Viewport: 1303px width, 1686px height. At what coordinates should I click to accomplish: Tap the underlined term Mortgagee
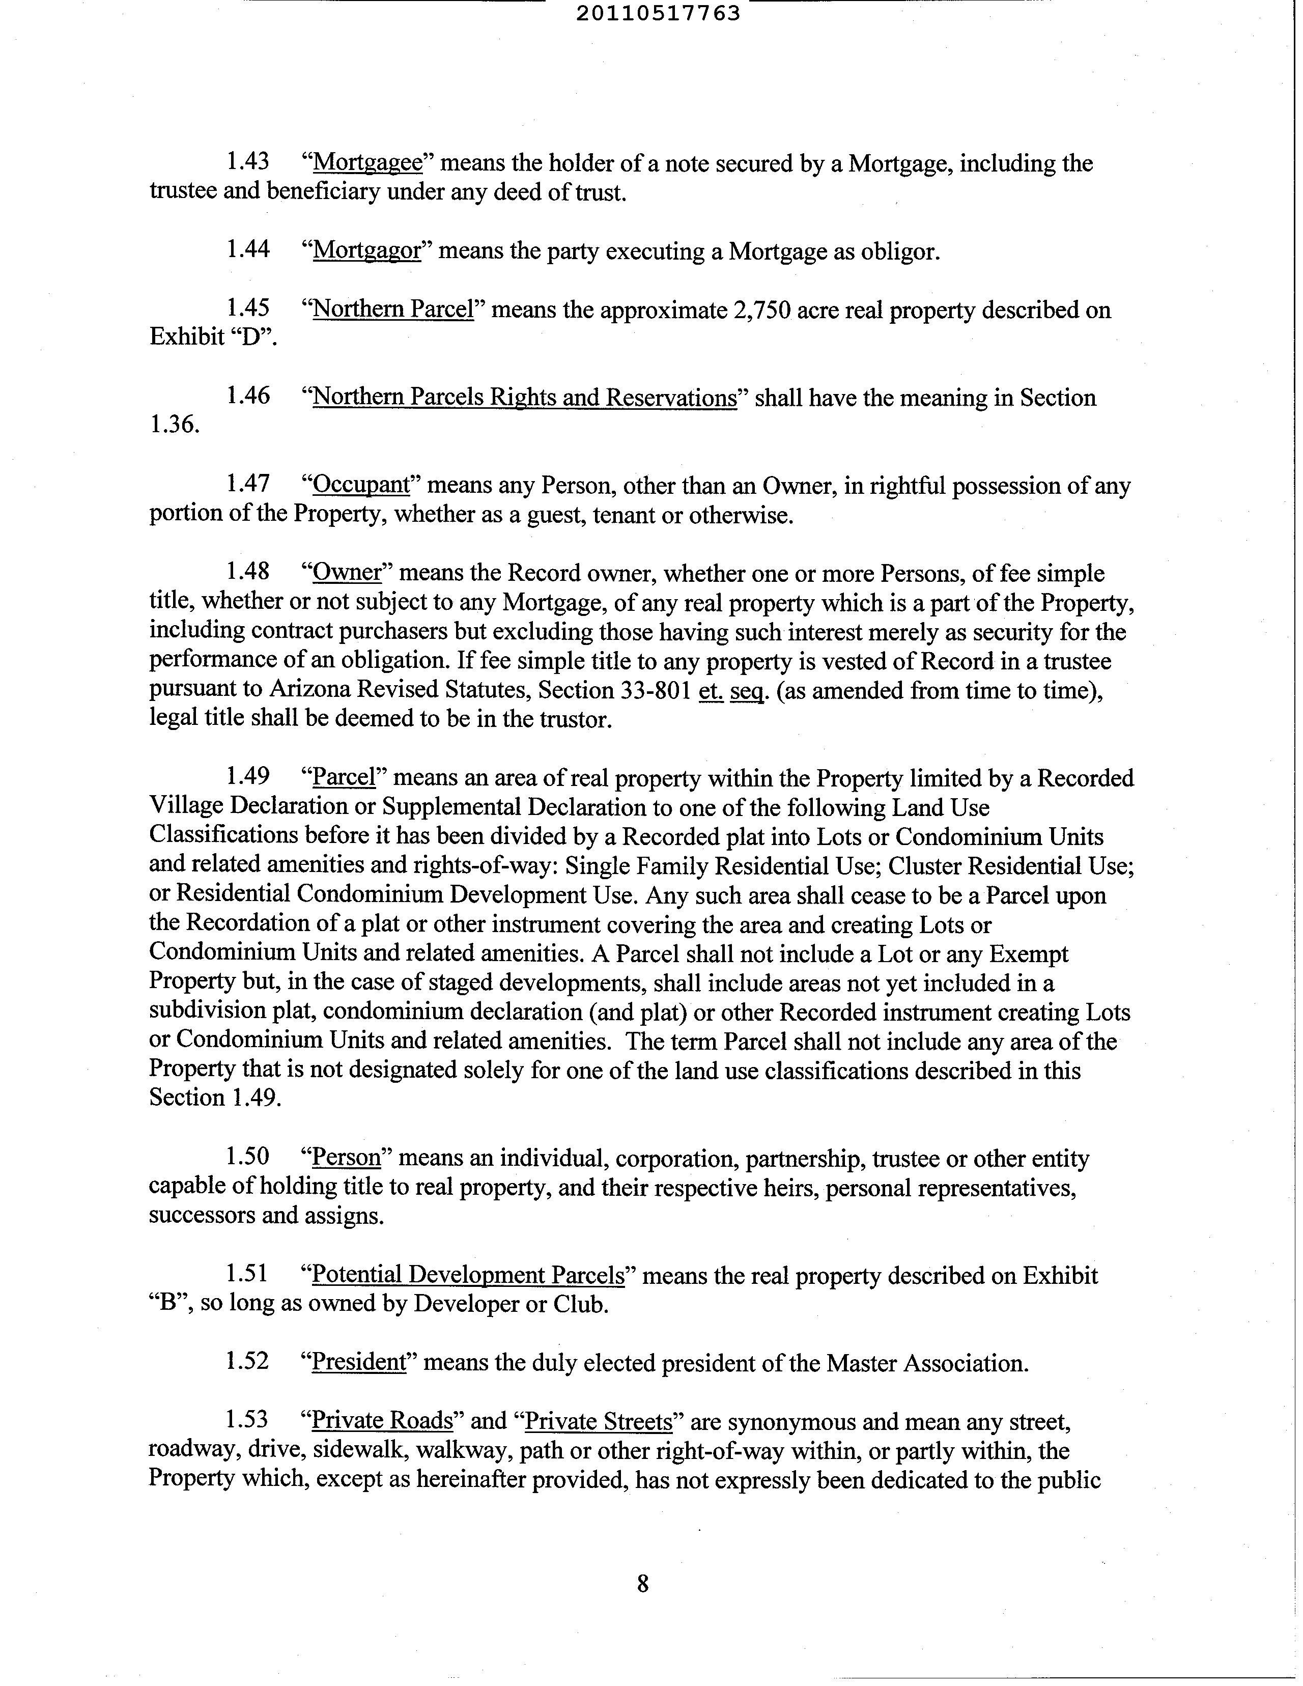(x=368, y=163)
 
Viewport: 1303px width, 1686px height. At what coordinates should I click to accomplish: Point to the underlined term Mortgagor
(x=366, y=251)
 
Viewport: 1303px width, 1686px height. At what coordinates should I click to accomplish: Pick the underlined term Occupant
(x=360, y=485)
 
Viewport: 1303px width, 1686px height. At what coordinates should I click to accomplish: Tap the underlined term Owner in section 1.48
(x=347, y=572)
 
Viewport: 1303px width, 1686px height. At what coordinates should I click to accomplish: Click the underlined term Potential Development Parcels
(x=467, y=1275)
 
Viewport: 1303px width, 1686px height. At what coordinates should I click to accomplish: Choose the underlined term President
(x=358, y=1363)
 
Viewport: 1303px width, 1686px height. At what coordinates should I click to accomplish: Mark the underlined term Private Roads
(x=381, y=1421)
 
